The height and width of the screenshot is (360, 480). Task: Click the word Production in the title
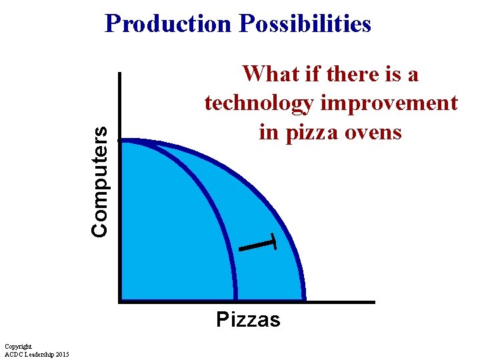[x=167, y=24]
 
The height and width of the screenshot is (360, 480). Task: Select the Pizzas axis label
[x=248, y=320]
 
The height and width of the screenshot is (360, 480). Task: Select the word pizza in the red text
[x=319, y=133]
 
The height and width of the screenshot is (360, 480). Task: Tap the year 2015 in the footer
[x=61, y=354]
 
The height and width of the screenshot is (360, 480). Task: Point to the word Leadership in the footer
[x=37, y=354]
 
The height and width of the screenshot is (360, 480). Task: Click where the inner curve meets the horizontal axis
[x=235, y=301]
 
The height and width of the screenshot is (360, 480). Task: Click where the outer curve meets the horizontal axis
[x=304, y=301]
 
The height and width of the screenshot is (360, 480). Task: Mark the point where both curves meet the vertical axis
[x=122, y=140]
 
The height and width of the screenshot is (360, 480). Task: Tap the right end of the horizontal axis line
[x=374, y=302]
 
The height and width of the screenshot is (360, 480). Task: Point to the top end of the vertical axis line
[x=119, y=73]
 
